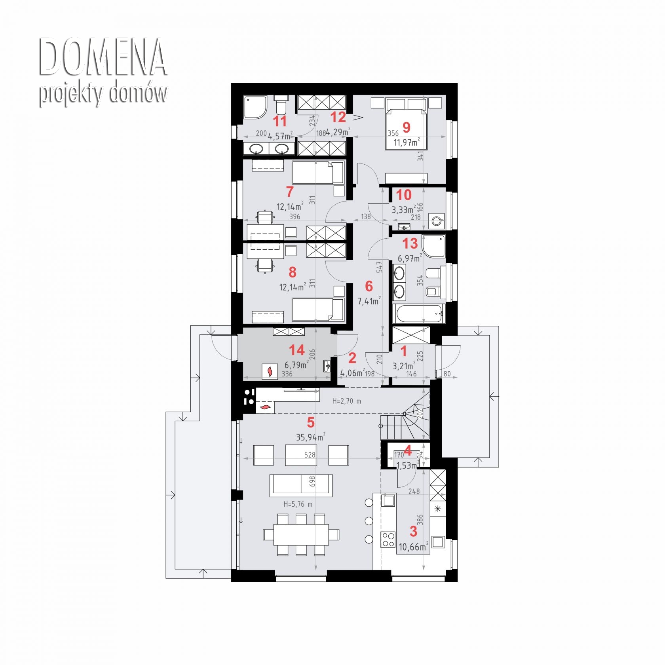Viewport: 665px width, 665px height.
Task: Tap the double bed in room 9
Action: [x=406, y=123]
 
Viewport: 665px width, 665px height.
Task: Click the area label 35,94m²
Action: [x=311, y=437]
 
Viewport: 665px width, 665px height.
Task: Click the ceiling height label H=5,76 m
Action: [x=298, y=504]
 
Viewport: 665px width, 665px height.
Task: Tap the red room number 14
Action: [x=297, y=350]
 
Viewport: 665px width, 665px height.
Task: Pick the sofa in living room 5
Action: [x=301, y=485]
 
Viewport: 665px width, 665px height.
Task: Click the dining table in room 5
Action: [x=301, y=535]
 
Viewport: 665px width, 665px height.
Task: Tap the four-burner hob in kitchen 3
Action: [x=388, y=540]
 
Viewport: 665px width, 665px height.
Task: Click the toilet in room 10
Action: [x=436, y=221]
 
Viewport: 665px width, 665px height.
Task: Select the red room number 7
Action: [x=290, y=192]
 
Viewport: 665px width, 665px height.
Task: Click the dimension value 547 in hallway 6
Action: [x=380, y=267]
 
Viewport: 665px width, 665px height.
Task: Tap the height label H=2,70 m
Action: [x=346, y=401]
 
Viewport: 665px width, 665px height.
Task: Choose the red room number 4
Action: [x=408, y=450]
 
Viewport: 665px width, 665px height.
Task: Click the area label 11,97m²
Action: [x=407, y=142]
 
